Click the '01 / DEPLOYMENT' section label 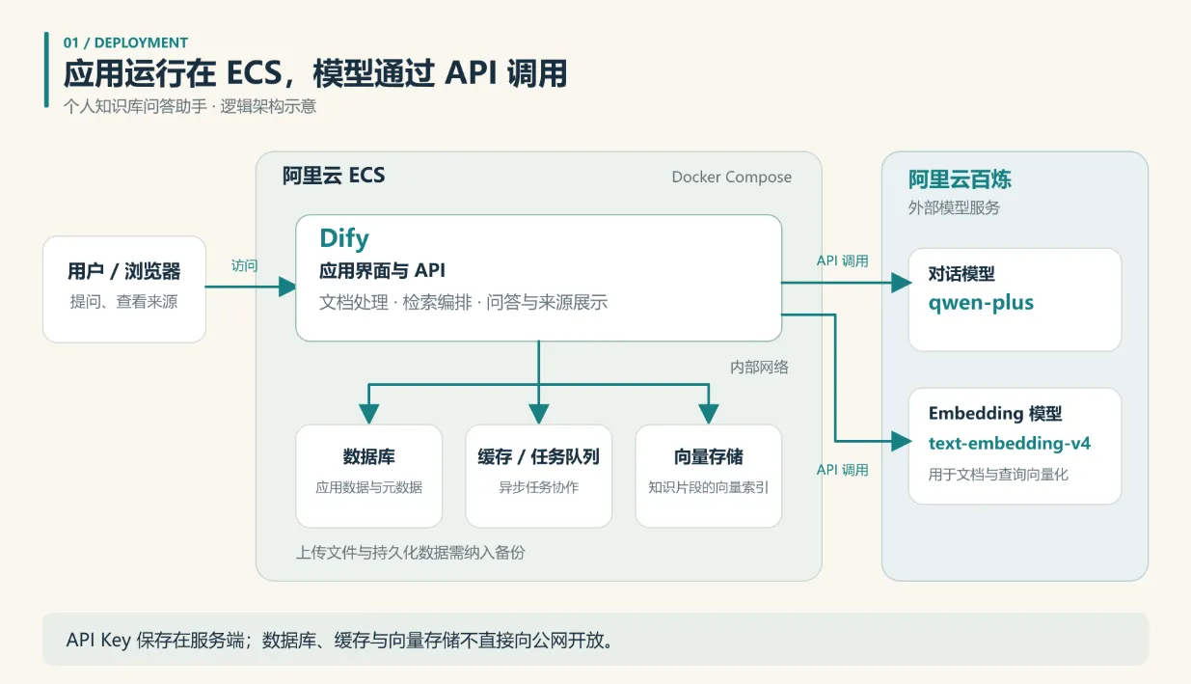pyautogui.click(x=125, y=42)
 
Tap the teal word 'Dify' pyautogui.click(x=344, y=238)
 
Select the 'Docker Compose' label pyautogui.click(x=732, y=178)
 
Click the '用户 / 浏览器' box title pyautogui.click(x=123, y=271)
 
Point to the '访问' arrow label pyautogui.click(x=244, y=265)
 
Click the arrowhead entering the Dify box pyautogui.click(x=287, y=287)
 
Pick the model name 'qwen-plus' pyautogui.click(x=981, y=303)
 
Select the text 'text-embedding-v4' pyautogui.click(x=1009, y=443)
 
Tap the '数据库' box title pyautogui.click(x=369, y=456)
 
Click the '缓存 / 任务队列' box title pyautogui.click(x=539, y=456)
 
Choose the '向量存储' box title pyautogui.click(x=708, y=456)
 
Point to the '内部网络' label pyautogui.click(x=759, y=367)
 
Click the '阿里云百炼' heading pyautogui.click(x=960, y=179)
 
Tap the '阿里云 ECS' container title pyautogui.click(x=334, y=176)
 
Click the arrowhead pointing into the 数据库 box pyautogui.click(x=369, y=414)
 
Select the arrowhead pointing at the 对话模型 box pyautogui.click(x=902, y=283)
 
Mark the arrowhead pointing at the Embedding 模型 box pyautogui.click(x=902, y=441)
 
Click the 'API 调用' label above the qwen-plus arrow pyautogui.click(x=842, y=260)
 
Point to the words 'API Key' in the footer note pyautogui.click(x=98, y=640)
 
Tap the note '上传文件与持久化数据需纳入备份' pyautogui.click(x=411, y=553)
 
